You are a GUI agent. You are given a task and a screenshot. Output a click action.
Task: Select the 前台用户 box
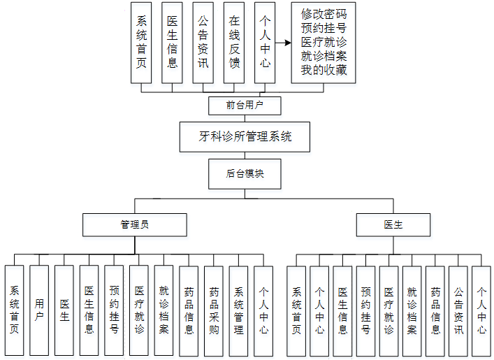point(245,106)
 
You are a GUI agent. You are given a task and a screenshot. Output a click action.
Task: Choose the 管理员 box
point(134,225)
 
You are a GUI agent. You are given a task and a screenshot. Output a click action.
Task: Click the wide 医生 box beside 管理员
point(393,225)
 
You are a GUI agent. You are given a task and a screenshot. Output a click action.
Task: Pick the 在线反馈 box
point(234,42)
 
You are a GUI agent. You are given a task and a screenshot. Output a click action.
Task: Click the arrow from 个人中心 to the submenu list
point(282,43)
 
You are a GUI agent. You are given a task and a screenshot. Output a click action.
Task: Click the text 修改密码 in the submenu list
point(324,14)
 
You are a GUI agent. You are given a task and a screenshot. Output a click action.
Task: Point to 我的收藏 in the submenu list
point(324,71)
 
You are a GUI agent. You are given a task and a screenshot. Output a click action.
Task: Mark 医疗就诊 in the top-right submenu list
point(324,42)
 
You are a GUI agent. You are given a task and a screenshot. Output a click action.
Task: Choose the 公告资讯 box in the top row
point(203,42)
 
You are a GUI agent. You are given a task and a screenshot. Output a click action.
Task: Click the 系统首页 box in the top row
point(141,42)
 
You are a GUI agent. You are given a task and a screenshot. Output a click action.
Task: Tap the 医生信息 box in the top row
point(172,42)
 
